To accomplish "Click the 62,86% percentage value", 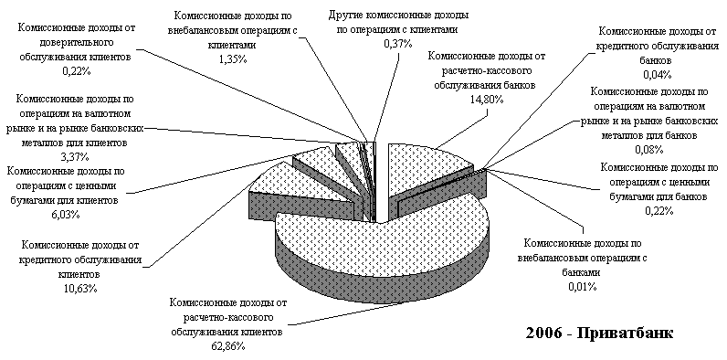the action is [x=227, y=346].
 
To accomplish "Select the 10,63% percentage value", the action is [x=80, y=288].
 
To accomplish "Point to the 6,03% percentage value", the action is [x=67, y=214].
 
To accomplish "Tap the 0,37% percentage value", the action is [x=398, y=44].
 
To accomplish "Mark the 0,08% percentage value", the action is [x=652, y=149].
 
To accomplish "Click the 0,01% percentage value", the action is [x=582, y=286].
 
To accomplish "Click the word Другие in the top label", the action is [x=346, y=16].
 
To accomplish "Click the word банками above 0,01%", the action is [x=582, y=273].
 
